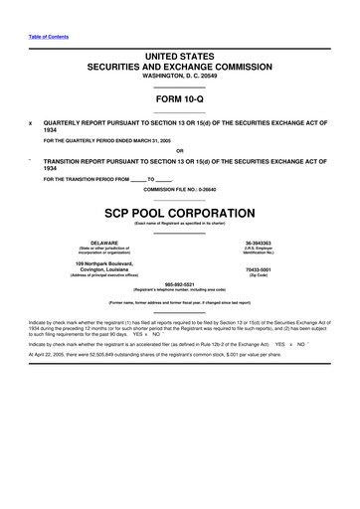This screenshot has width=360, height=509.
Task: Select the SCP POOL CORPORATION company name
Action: (179, 214)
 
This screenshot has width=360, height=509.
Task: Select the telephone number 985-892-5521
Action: (180, 282)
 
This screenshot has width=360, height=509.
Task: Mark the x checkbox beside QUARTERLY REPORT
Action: (32, 123)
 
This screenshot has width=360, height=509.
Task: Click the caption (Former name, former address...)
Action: (180, 301)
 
